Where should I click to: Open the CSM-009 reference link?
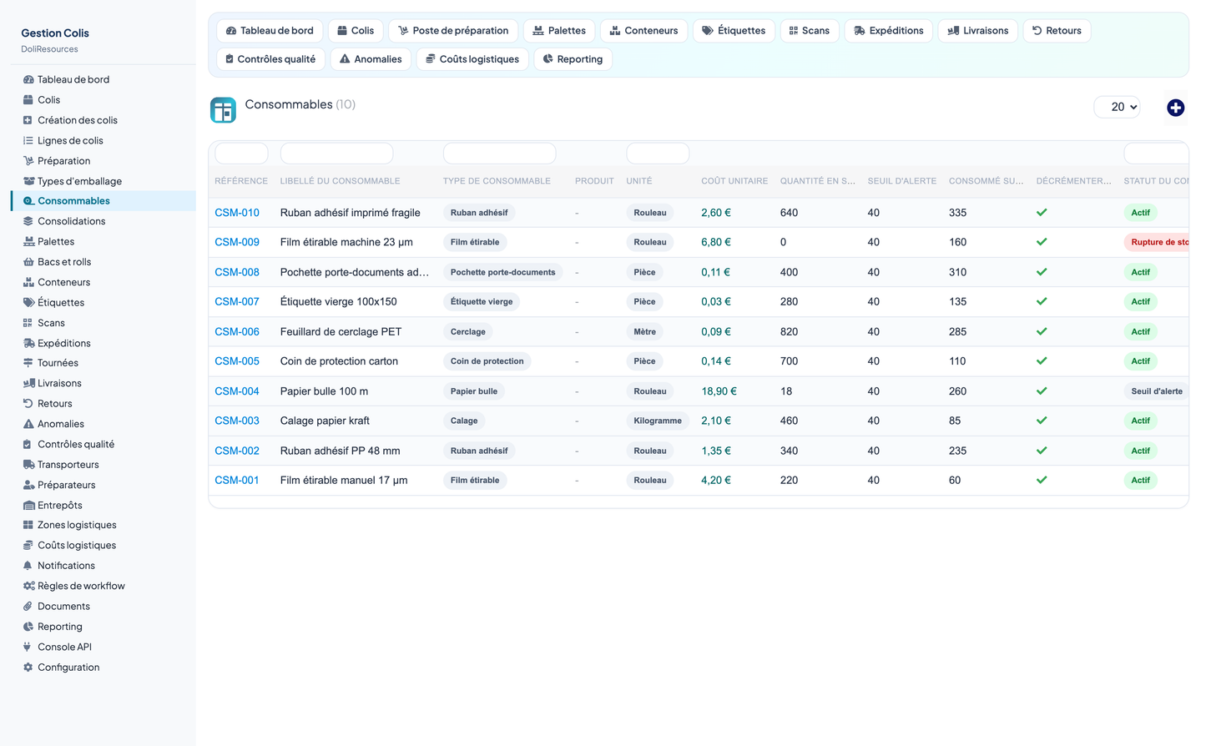tap(237, 242)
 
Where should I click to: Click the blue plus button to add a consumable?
tap(1175, 108)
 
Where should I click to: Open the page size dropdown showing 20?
tap(1118, 107)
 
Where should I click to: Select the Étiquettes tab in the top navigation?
tap(734, 31)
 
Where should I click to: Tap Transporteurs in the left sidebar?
tap(68, 465)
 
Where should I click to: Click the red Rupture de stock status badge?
tap(1158, 242)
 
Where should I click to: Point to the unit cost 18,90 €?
tap(719, 391)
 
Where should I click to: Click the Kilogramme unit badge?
tap(658, 421)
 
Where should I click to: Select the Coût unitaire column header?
tap(734, 181)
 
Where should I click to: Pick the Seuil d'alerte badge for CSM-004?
tap(1157, 391)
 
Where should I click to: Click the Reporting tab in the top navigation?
tap(573, 59)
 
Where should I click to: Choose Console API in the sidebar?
tap(64, 647)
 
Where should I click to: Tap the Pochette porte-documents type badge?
tap(503, 272)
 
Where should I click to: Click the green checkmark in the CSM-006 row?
tap(1042, 331)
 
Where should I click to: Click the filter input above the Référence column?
tap(241, 154)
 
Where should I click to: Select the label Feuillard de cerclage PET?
tap(341, 331)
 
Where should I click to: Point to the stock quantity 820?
tap(789, 331)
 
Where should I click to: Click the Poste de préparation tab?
tap(453, 31)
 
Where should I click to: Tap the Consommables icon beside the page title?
tap(223, 110)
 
